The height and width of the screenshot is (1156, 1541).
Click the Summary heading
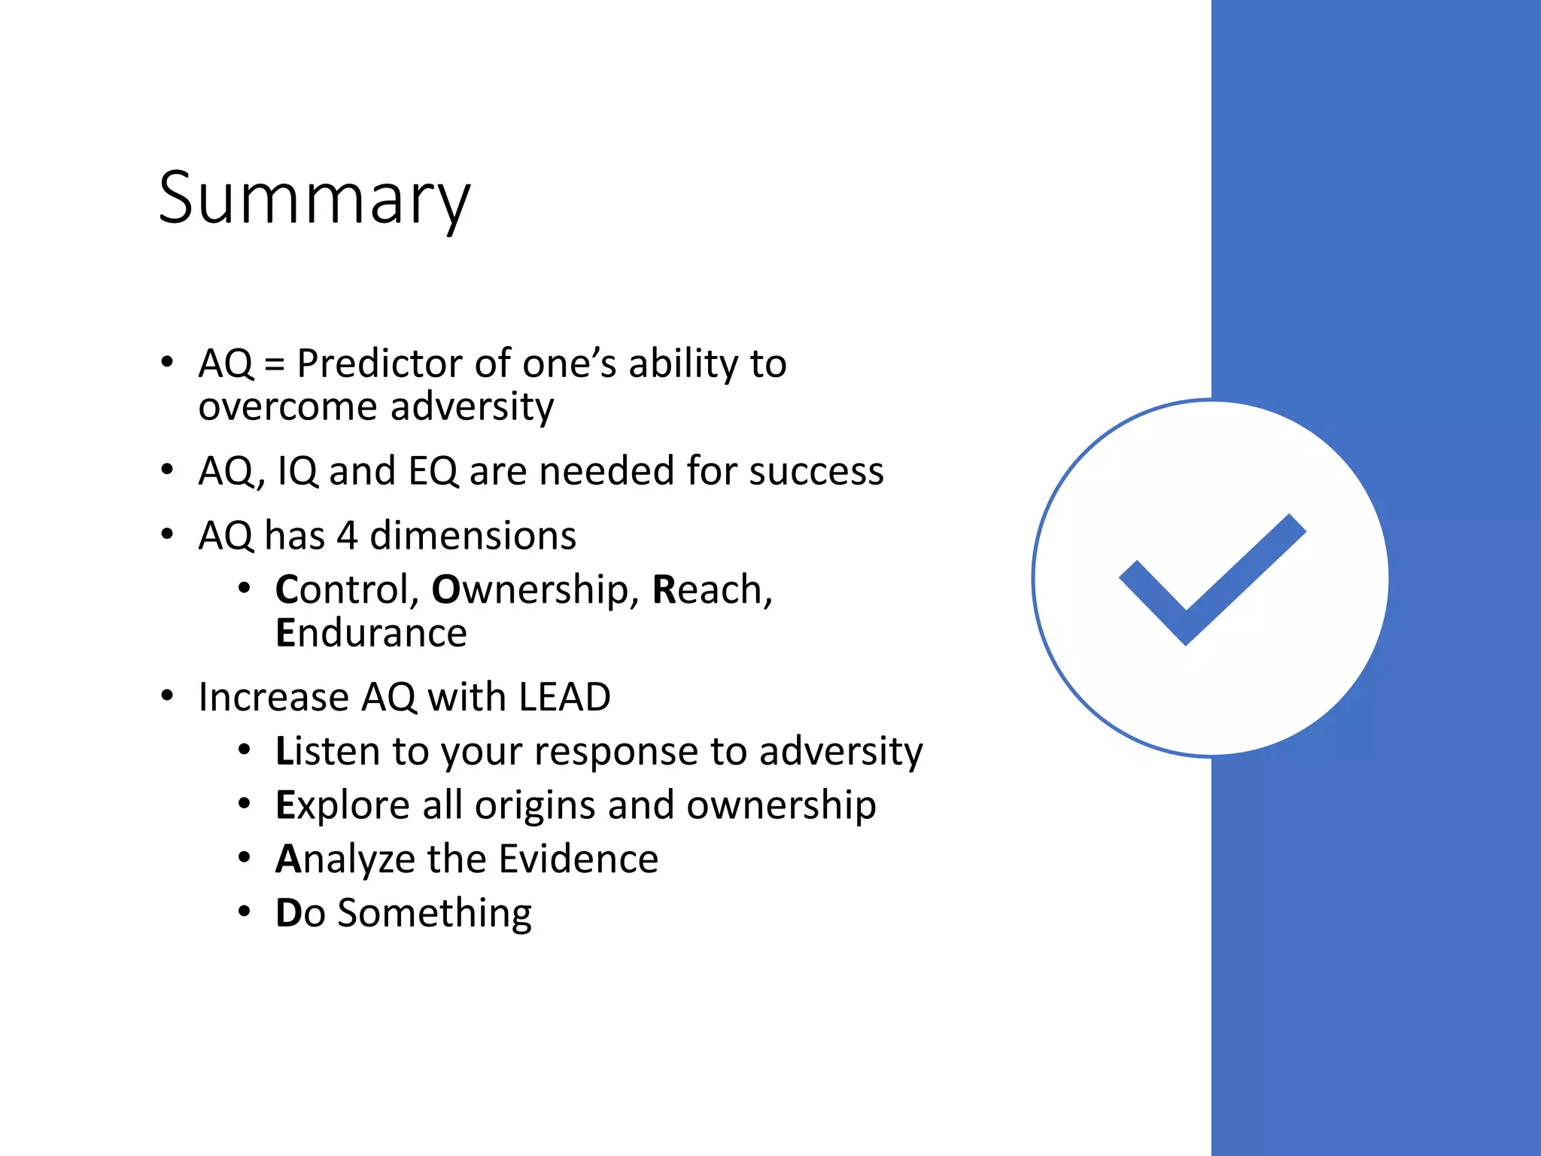(314, 199)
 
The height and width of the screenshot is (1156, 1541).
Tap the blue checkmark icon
(1211, 579)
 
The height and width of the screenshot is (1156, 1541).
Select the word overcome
(287, 407)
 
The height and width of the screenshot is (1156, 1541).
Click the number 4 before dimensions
(347, 536)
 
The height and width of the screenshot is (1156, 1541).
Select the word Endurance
(371, 633)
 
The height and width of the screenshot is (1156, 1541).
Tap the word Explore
(342, 806)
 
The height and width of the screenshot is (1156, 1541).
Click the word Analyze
(345, 859)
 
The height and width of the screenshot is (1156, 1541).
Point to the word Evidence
(578, 859)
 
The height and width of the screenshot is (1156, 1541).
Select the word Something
(434, 913)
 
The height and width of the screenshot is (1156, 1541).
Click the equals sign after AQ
(275, 365)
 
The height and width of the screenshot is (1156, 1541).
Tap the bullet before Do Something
(244, 911)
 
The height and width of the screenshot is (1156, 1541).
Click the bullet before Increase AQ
(167, 695)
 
